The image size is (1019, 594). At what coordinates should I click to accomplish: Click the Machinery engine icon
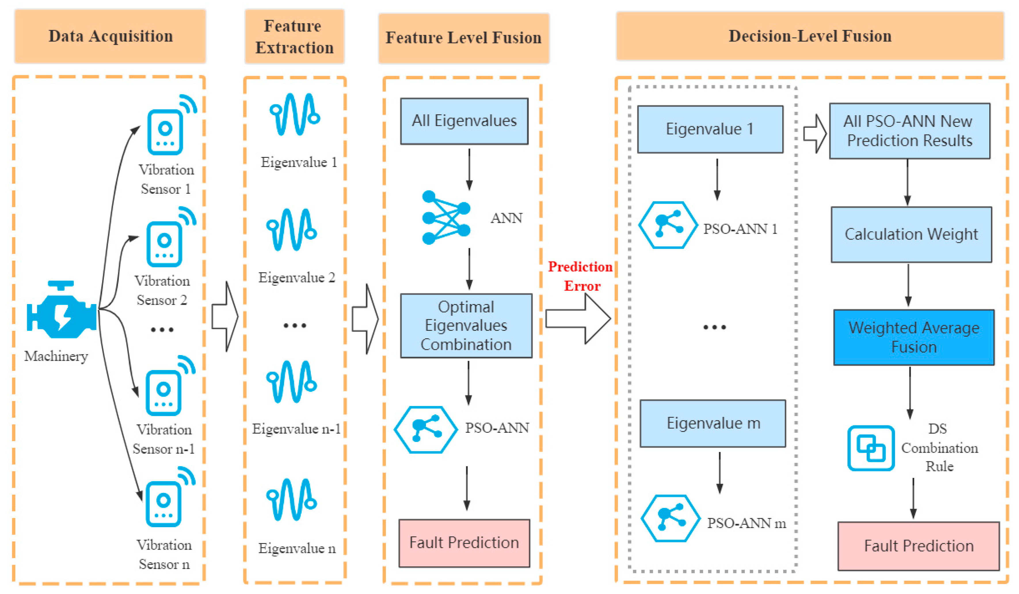point(62,310)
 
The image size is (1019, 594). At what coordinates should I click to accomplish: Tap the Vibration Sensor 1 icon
point(165,132)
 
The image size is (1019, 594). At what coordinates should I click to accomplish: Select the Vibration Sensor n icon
point(163,504)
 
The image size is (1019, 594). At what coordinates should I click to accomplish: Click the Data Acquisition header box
point(111,36)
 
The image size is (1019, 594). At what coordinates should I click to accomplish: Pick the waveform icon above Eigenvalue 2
point(291,230)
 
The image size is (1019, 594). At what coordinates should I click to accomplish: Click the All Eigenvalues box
point(464,121)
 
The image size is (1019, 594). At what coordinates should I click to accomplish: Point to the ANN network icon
point(446,218)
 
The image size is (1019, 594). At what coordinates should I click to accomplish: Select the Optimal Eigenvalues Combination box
point(466,326)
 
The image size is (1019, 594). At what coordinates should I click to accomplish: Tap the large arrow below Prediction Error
point(578,319)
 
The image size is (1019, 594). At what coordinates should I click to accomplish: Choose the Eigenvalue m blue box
point(713,423)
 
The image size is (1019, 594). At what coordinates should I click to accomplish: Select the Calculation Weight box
point(911,235)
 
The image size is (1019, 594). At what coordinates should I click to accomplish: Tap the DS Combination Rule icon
point(871,448)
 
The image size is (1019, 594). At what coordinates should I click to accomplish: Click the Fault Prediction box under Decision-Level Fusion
point(918,546)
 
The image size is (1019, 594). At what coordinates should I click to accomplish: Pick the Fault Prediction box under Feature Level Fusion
point(464,543)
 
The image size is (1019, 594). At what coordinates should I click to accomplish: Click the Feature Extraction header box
point(294,36)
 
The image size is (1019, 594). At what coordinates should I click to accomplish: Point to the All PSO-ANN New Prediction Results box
point(909,131)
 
